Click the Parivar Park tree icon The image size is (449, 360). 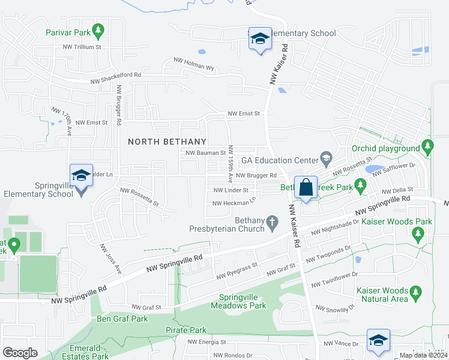tap(98, 29)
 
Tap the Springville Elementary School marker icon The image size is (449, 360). tap(81, 175)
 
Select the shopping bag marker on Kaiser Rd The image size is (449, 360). tap(306, 187)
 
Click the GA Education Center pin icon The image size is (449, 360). tap(327, 160)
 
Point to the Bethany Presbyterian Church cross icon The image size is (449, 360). tap(273, 223)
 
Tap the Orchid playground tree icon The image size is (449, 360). tap(427, 145)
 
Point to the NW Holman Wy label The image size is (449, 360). tap(194, 63)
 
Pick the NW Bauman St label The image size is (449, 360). tap(205, 153)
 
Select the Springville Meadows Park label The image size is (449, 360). tap(238, 301)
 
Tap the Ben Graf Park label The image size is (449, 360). tap(122, 319)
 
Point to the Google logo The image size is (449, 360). tap(20, 352)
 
